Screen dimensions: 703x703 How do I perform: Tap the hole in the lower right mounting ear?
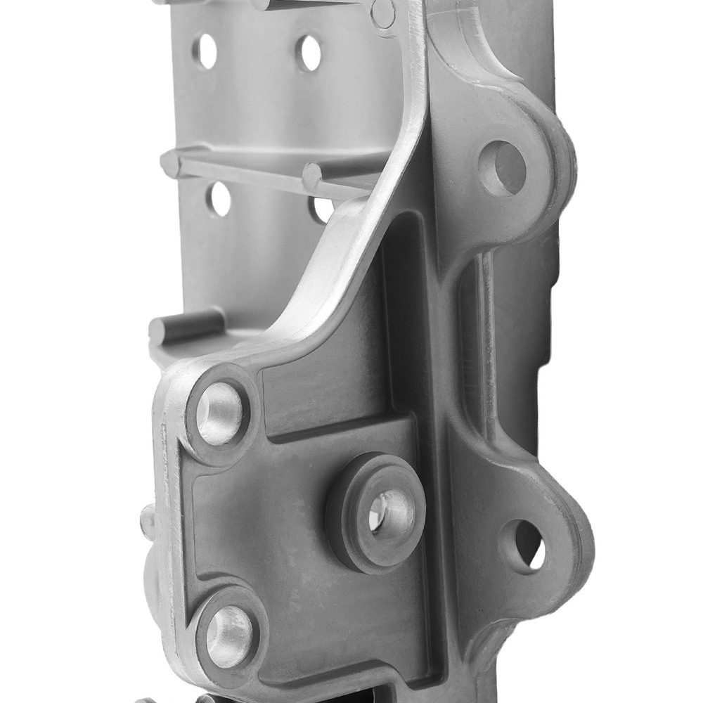point(522,545)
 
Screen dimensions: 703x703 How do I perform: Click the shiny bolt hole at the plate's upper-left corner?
point(219,414)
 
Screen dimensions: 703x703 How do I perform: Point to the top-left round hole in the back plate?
point(205,51)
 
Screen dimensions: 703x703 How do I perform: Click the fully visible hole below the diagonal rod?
point(219,199)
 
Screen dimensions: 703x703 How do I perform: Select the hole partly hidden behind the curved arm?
point(322,209)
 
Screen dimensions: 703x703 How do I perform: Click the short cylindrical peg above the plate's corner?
point(184,325)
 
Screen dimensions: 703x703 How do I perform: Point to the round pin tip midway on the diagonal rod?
point(311,176)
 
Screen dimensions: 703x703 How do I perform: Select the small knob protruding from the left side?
point(147,520)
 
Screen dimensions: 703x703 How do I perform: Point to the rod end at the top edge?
point(261,4)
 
